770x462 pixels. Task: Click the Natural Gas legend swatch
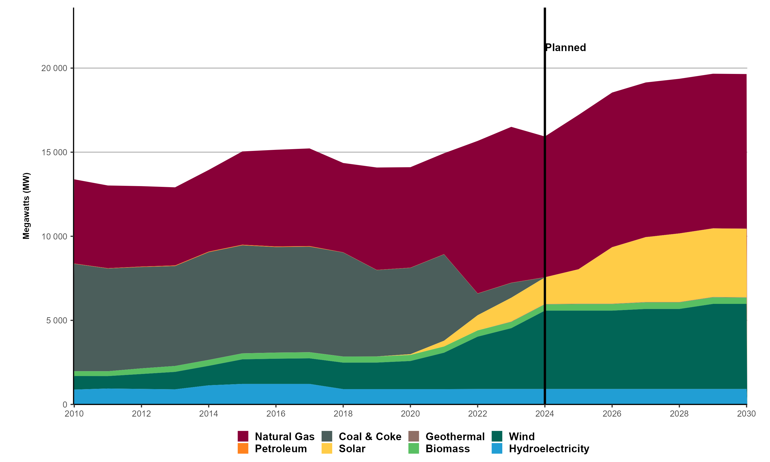tap(243, 436)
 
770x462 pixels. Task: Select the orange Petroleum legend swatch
tap(243, 449)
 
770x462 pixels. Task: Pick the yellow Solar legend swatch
tap(327, 449)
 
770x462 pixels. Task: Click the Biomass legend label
tap(448, 449)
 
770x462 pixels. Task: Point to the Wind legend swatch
tap(497, 436)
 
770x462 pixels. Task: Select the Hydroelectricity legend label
tap(549, 449)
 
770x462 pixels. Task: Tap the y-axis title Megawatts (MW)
tap(26, 206)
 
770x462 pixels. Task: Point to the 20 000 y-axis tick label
tap(54, 68)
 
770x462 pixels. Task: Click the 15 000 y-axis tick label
tap(54, 152)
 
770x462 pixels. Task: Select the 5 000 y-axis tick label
tap(57, 320)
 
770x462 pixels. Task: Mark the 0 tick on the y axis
tap(65, 405)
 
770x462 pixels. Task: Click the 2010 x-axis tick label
tap(74, 414)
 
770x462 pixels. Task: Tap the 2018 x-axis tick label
tap(343, 414)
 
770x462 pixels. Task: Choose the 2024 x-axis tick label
tap(545, 414)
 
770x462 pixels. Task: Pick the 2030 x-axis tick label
tap(746, 414)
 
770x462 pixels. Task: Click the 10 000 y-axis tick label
tap(54, 236)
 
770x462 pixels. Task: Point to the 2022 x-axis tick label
tap(477, 414)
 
